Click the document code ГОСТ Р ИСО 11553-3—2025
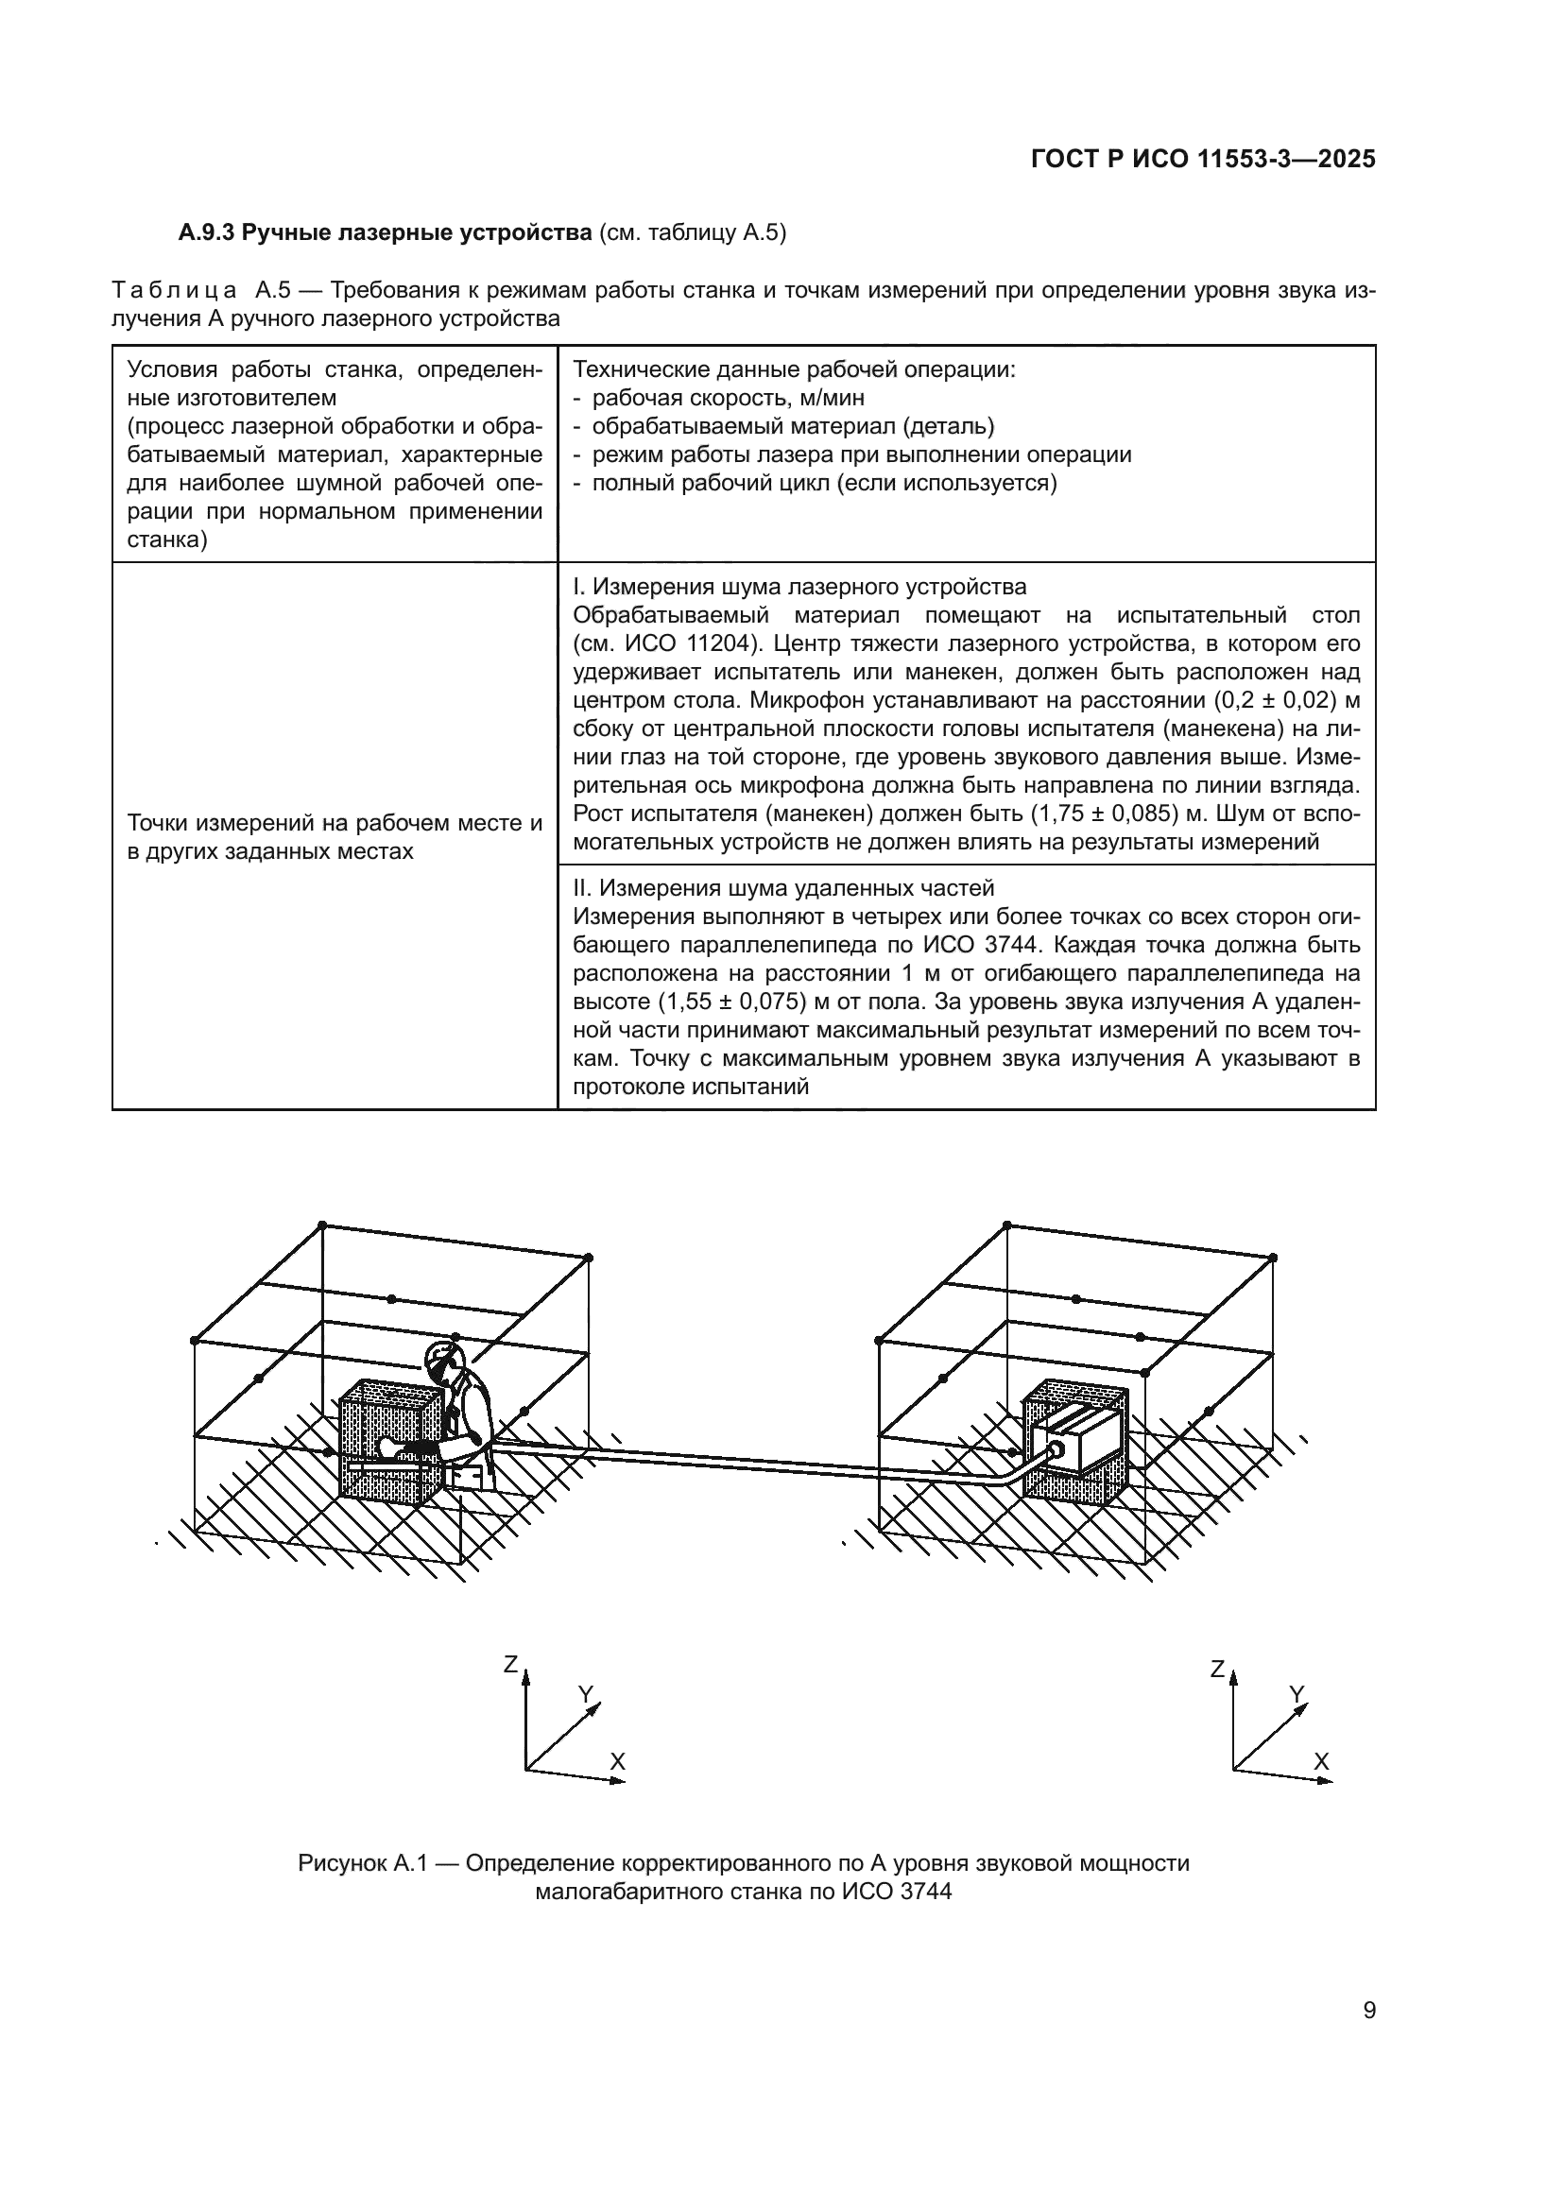(1202, 160)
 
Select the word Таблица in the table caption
(174, 291)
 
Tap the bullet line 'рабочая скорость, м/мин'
(728, 398)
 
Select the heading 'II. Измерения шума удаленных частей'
(782, 887)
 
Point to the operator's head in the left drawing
(444, 1358)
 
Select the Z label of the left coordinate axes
(511, 1664)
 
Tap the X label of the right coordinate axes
(1321, 1762)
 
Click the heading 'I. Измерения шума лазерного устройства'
(799, 586)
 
